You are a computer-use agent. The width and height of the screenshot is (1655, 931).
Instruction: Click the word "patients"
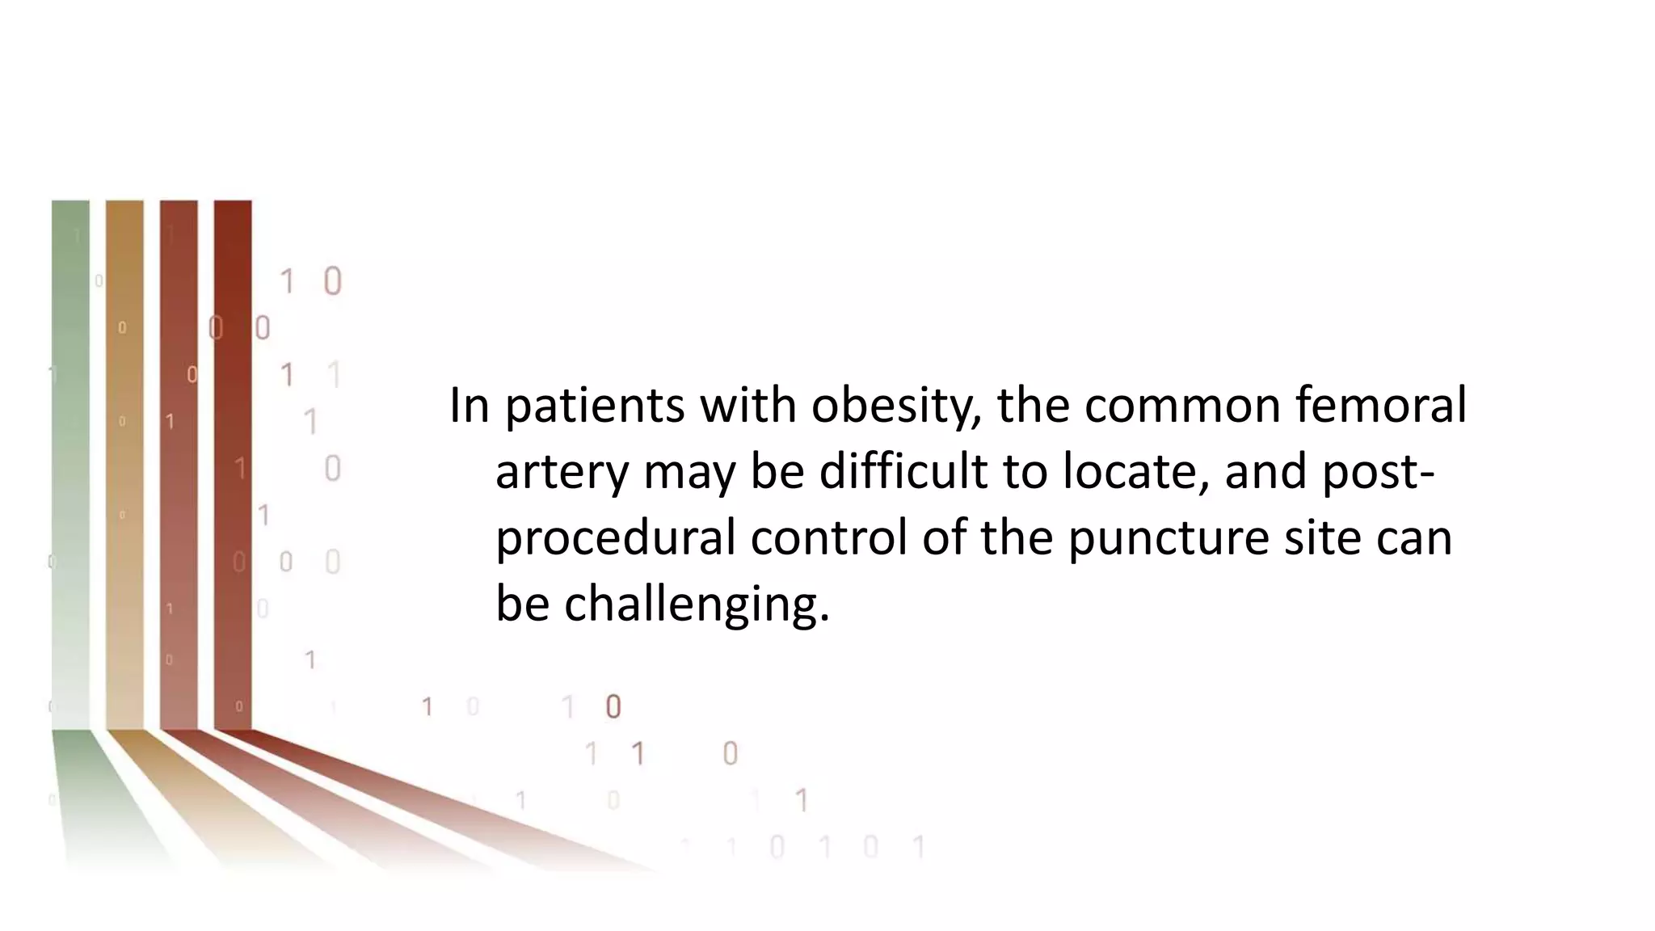(595, 406)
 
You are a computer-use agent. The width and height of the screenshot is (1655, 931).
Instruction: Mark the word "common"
(1182, 406)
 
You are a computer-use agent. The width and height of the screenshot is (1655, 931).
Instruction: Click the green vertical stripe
(70, 461)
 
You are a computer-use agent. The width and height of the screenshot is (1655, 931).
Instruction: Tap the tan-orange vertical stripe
(124, 461)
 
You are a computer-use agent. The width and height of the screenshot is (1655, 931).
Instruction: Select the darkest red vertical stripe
(233, 461)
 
